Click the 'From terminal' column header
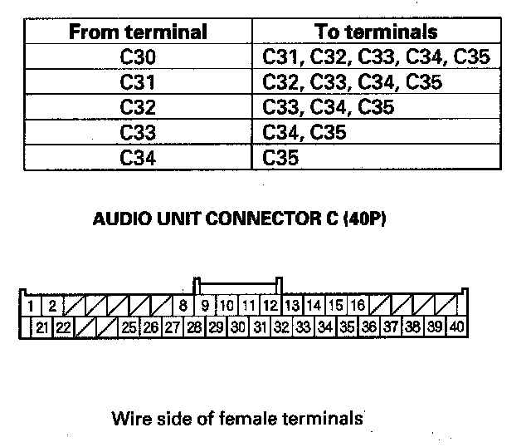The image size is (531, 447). click(137, 32)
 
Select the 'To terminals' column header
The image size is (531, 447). click(376, 32)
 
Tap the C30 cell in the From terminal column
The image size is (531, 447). click(137, 57)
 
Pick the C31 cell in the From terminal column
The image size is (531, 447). click(137, 82)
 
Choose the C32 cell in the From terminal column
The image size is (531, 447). click(137, 107)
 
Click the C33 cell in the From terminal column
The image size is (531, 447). click(137, 132)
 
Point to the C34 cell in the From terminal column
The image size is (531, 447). click(137, 156)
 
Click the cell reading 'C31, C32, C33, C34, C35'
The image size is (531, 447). click(376, 57)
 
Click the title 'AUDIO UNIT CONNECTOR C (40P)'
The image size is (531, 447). click(240, 223)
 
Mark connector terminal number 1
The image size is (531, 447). click(30, 306)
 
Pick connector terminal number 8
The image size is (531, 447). click(183, 306)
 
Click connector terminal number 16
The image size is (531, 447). click(358, 306)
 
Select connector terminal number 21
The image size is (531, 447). click(41, 327)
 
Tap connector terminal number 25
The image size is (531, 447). click(129, 327)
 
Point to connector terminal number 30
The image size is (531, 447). click(237, 327)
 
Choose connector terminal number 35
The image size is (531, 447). click(348, 327)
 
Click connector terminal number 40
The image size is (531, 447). click(456, 327)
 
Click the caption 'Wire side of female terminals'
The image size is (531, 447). click(237, 417)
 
